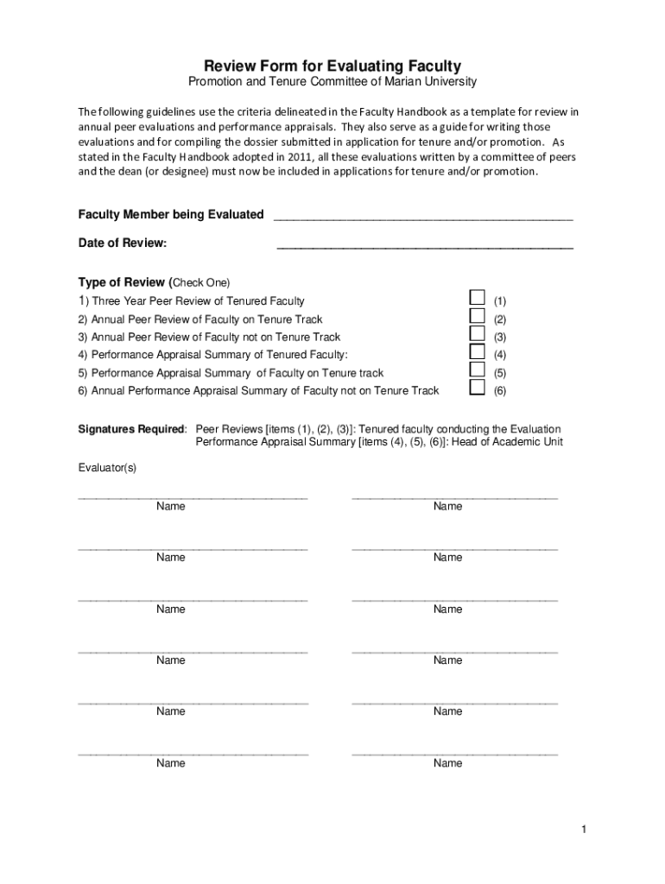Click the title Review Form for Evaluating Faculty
tap(332, 66)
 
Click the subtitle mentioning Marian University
tap(332, 82)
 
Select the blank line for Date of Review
tap(424, 245)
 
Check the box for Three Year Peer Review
tap(477, 298)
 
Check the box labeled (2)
tap(477, 316)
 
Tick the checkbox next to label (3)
tap(477, 334)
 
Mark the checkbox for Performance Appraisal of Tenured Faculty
tap(477, 351)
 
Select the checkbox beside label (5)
tap(477, 369)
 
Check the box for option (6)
tap(477, 388)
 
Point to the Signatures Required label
tap(131, 429)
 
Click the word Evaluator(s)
tap(107, 467)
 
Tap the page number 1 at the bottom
tap(584, 830)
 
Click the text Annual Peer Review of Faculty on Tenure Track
tap(200, 319)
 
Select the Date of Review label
tap(123, 243)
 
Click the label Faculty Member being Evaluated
tap(171, 214)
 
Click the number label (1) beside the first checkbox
tap(499, 301)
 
